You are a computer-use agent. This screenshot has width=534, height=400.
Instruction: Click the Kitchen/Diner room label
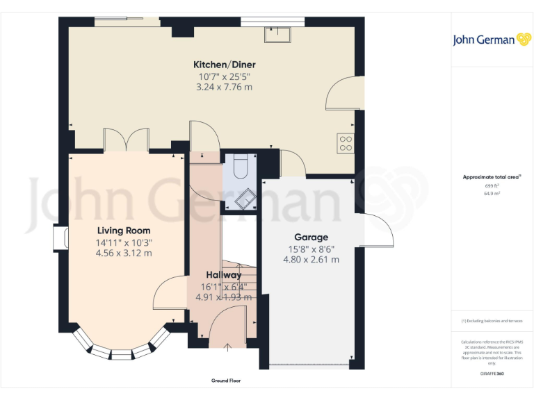tap(224, 65)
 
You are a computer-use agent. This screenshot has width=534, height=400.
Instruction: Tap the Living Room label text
tap(124, 231)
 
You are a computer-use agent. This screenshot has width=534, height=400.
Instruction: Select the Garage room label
tap(311, 237)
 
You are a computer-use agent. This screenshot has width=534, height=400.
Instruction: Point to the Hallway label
tap(223, 275)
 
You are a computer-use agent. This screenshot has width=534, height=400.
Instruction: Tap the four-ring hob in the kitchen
tap(346, 143)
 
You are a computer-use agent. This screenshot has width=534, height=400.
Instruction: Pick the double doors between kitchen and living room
tap(126, 140)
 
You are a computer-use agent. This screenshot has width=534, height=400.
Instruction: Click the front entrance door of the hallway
tap(227, 326)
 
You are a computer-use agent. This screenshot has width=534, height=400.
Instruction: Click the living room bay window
tap(122, 347)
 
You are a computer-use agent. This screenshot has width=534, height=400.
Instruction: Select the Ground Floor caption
tap(226, 381)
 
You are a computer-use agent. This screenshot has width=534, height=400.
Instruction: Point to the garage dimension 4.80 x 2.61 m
tap(311, 260)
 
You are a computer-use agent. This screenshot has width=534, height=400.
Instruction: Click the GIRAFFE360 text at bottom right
tap(492, 374)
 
